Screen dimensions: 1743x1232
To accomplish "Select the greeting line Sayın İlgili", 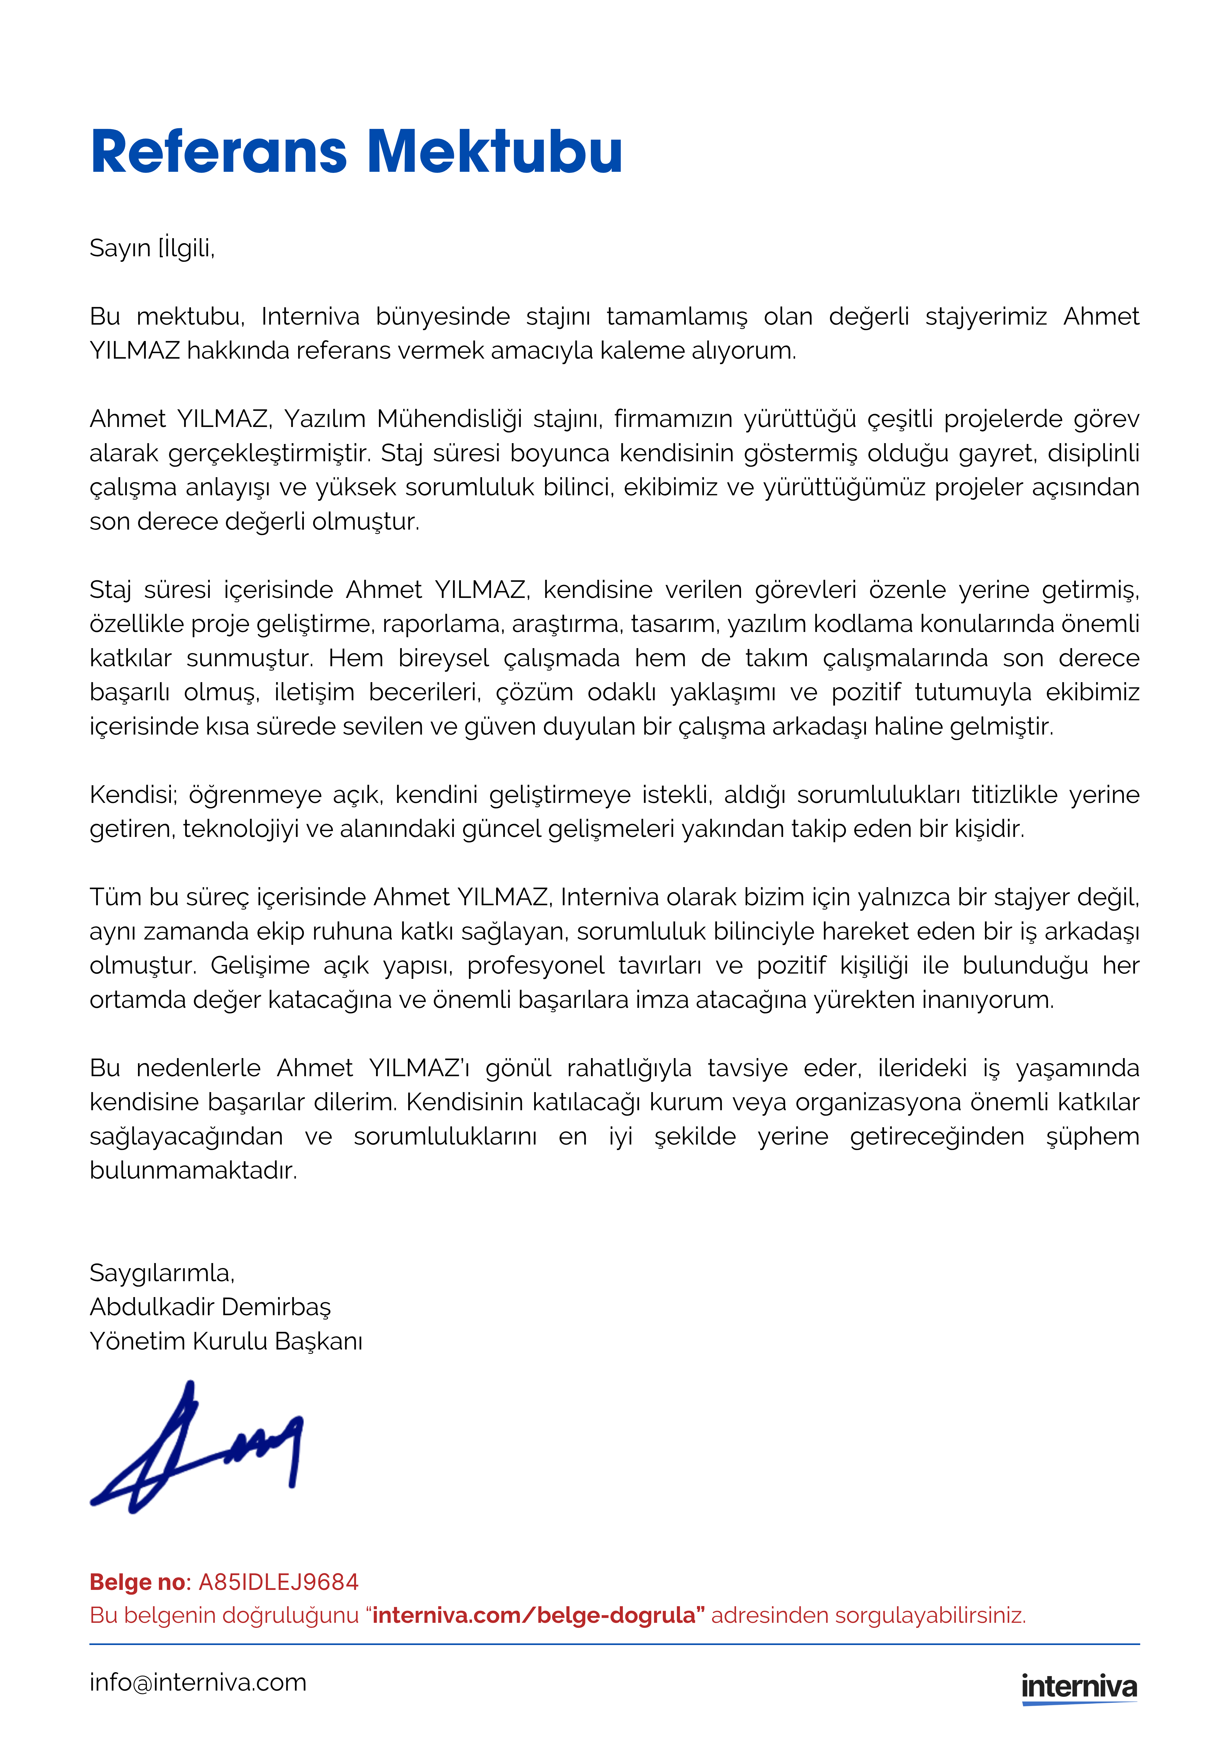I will [x=152, y=248].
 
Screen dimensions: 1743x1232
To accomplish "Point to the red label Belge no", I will [x=137, y=1582].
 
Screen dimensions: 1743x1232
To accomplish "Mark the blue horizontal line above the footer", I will [x=615, y=1644].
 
